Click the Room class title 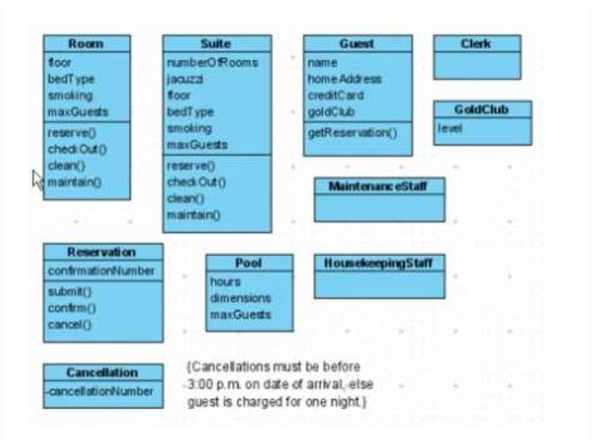click(x=86, y=44)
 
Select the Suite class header click(x=216, y=44)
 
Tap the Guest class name click(x=357, y=44)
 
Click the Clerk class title click(x=476, y=44)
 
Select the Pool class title click(x=249, y=263)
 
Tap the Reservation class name click(x=102, y=252)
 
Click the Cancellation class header click(x=102, y=372)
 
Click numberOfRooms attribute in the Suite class click(x=212, y=63)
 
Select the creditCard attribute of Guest click(x=335, y=96)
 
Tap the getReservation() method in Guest click(x=352, y=133)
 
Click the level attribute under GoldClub click(x=449, y=128)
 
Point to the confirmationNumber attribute click(x=101, y=271)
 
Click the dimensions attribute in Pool click(x=240, y=298)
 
